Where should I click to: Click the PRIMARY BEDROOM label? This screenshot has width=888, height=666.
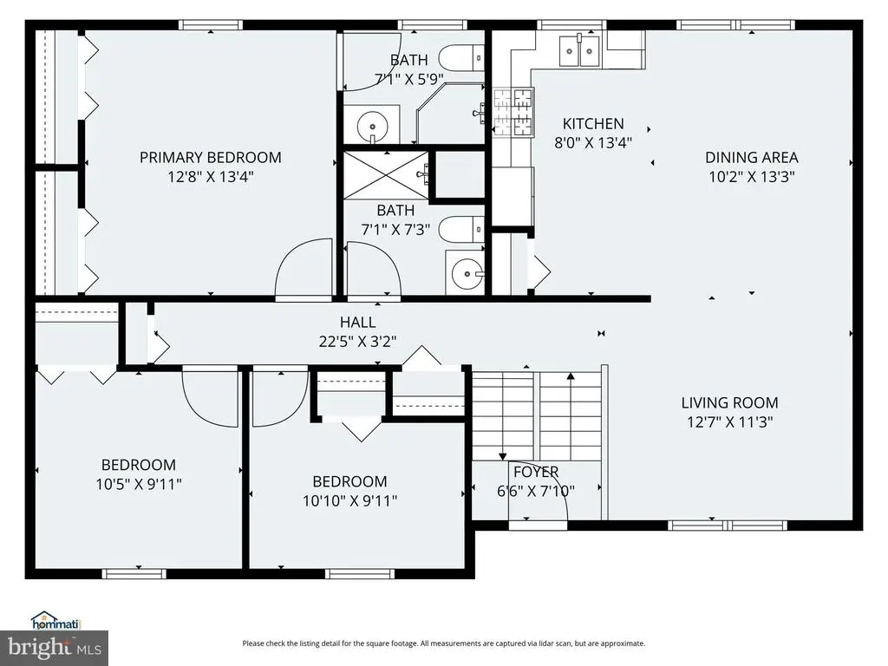pyautogui.click(x=211, y=158)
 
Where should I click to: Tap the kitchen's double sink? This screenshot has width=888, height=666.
pyautogui.click(x=579, y=50)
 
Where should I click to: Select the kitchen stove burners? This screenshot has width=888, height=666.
pyautogui.click(x=513, y=113)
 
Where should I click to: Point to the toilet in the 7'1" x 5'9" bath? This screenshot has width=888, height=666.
pyautogui.click(x=462, y=58)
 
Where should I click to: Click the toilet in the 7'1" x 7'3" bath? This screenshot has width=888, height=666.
pyautogui.click(x=462, y=229)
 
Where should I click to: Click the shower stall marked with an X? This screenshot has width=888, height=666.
pyautogui.click(x=387, y=175)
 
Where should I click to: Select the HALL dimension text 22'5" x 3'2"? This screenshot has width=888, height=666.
pyautogui.click(x=357, y=342)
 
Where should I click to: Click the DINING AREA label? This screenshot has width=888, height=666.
pyautogui.click(x=752, y=158)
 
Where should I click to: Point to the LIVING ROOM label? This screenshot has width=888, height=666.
pyautogui.click(x=729, y=402)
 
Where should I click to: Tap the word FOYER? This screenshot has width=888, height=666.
pyautogui.click(x=536, y=472)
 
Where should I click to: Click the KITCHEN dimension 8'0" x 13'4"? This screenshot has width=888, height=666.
pyautogui.click(x=593, y=143)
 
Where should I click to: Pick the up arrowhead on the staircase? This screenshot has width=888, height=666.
pyautogui.click(x=571, y=375)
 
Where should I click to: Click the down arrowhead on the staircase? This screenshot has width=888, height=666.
pyautogui.click(x=502, y=456)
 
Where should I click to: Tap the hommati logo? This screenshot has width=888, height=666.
pyautogui.click(x=56, y=621)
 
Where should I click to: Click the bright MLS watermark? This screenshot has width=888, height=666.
pyautogui.click(x=55, y=648)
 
